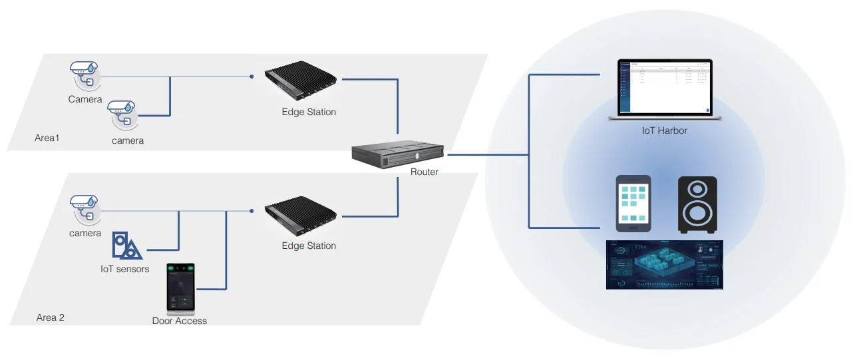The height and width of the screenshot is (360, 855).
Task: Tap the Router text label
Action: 425,172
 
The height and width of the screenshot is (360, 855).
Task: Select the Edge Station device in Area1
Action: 303,83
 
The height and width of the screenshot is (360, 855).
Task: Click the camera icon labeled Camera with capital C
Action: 85,75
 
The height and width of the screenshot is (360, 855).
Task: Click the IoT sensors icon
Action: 126,246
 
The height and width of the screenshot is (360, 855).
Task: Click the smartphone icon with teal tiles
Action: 633,204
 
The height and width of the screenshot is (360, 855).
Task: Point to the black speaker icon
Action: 697,204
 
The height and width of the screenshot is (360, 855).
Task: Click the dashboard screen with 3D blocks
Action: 664,265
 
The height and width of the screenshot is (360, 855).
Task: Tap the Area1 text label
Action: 47,138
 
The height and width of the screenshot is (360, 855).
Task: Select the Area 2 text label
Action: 51,317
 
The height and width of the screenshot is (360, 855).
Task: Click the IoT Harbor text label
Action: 664,130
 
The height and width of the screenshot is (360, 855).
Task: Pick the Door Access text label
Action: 180,321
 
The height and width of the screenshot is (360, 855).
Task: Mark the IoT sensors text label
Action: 125,269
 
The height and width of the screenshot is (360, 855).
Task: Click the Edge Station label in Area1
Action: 309,112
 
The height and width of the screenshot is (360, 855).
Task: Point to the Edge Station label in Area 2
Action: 309,246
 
